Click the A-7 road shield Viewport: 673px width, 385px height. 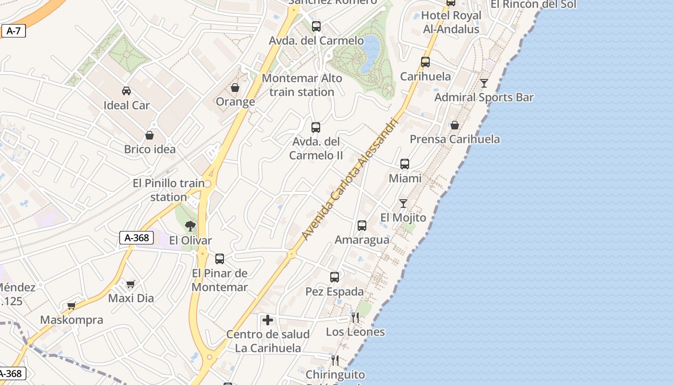[x=13, y=31]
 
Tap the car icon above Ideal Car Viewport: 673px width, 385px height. [x=126, y=90]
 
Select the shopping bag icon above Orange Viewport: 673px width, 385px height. [x=235, y=87]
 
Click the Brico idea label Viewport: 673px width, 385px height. [x=150, y=149]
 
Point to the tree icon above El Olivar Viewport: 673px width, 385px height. [x=190, y=226]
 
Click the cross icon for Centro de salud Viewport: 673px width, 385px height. [x=268, y=320]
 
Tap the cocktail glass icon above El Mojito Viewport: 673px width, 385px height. [x=403, y=204]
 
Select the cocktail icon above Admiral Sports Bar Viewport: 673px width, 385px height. [x=484, y=83]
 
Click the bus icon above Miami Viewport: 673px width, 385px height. [x=405, y=164]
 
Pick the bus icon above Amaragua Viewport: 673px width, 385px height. [x=362, y=225]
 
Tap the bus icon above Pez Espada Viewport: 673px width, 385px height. [x=335, y=277]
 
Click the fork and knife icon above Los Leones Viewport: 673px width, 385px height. [x=355, y=317]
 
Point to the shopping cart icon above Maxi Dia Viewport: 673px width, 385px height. [x=131, y=284]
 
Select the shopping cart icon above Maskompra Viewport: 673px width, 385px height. [x=72, y=306]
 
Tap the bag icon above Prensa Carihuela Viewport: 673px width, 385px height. [x=454, y=125]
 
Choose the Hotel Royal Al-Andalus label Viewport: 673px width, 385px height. [x=451, y=22]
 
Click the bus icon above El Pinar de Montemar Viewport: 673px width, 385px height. [x=220, y=259]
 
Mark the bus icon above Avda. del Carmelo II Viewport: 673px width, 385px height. [x=316, y=128]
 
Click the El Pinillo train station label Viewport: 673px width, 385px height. [x=168, y=190]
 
